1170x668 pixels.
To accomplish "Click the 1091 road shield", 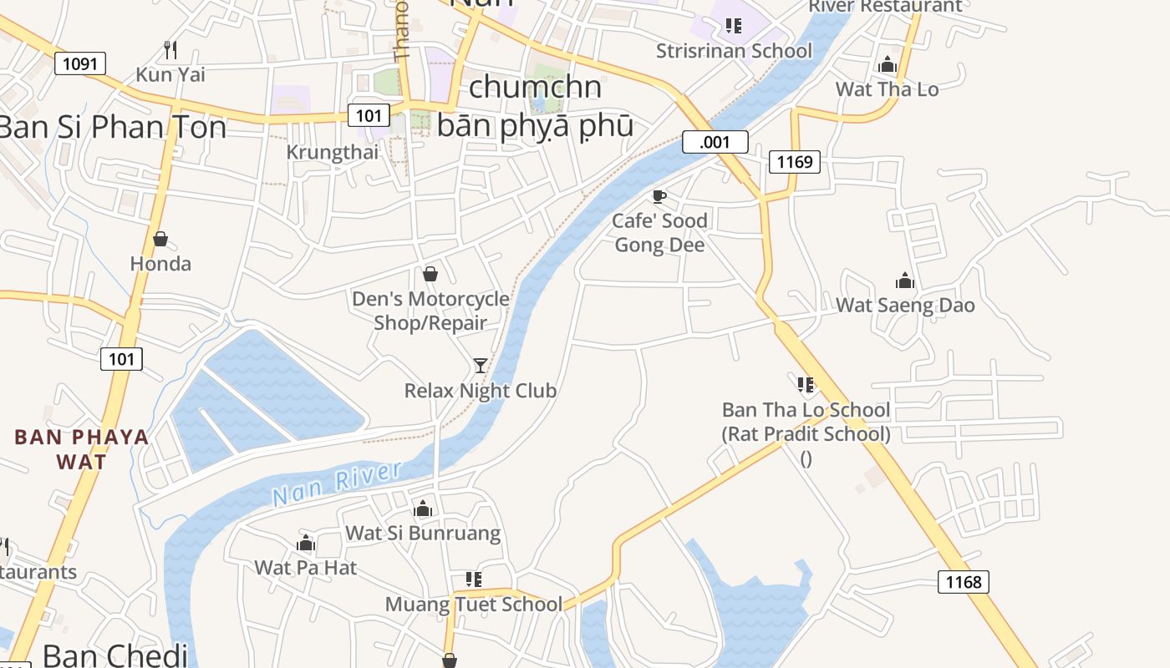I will pyautogui.click(x=80, y=63).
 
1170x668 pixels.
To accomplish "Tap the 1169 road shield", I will pyautogui.click(x=794, y=161).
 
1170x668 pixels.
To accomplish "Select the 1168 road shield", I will pyautogui.click(x=963, y=581).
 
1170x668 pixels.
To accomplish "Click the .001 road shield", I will pyautogui.click(x=715, y=142).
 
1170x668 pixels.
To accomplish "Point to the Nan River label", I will pyautogui.click(x=337, y=483).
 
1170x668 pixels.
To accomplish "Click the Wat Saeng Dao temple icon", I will pyautogui.click(x=904, y=281).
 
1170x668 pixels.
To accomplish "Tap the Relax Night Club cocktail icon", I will pyautogui.click(x=481, y=366).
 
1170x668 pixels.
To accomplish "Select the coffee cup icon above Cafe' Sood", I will pyautogui.click(x=659, y=197).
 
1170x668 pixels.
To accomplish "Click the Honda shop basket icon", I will pyautogui.click(x=160, y=240).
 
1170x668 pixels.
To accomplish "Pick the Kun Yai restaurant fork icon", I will pyautogui.click(x=170, y=49).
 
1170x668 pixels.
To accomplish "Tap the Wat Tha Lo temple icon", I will pyautogui.click(x=888, y=64).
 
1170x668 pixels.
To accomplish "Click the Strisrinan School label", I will pyautogui.click(x=734, y=51).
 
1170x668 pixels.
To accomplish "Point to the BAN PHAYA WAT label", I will pyautogui.click(x=82, y=449).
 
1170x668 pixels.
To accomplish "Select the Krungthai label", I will pyautogui.click(x=332, y=152).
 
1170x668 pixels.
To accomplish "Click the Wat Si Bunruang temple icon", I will pyautogui.click(x=423, y=509).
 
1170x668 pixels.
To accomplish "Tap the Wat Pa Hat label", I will pyautogui.click(x=306, y=568).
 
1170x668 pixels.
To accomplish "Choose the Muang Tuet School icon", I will pyautogui.click(x=474, y=579).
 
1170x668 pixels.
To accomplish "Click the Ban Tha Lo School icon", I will pyautogui.click(x=806, y=385).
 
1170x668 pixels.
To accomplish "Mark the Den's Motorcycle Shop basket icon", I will pyautogui.click(x=430, y=274).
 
